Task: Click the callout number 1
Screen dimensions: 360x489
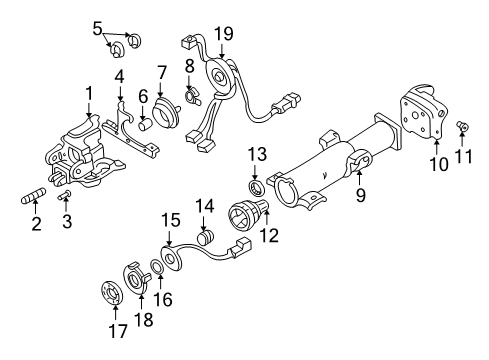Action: pos(88,94)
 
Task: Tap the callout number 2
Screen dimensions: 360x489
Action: pos(35,224)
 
